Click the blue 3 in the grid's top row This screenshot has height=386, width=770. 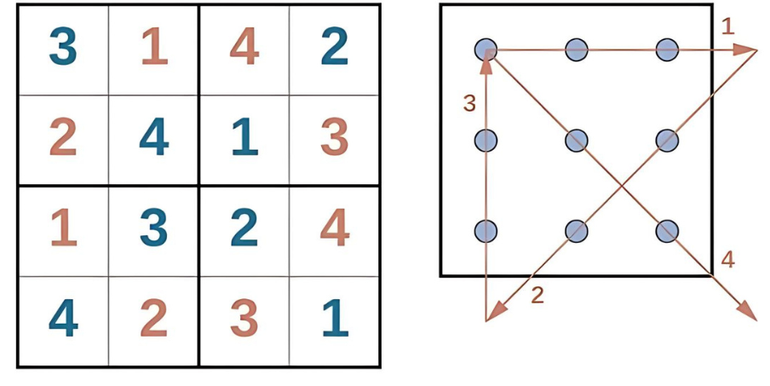63,46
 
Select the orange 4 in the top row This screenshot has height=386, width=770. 244,46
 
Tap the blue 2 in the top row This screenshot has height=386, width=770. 335,46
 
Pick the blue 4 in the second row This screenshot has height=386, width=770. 153,137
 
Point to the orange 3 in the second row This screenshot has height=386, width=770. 335,137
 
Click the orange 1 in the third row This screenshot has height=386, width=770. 64,228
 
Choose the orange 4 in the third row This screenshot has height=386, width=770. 335,228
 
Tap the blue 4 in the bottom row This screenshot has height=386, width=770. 63,319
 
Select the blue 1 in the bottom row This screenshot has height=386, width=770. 336,319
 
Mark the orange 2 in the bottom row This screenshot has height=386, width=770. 153,318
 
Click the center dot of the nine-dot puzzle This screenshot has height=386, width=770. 577,141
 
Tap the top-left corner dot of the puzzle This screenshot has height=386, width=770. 486,50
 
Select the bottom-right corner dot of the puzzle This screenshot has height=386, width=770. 668,231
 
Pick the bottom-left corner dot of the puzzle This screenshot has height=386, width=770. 486,231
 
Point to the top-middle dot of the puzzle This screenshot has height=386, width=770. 577,50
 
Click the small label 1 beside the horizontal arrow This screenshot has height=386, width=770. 728,26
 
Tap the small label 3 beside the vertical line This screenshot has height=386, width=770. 469,104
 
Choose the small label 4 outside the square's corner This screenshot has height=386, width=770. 727,260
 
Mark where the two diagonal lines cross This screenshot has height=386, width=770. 622,186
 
